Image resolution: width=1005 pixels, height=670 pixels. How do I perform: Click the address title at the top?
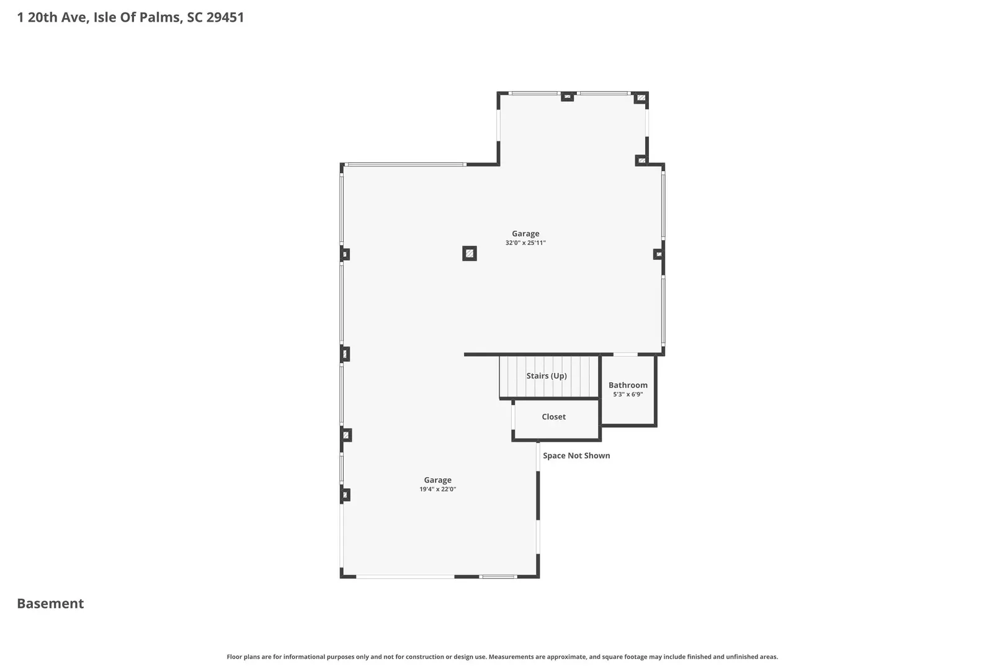pyautogui.click(x=130, y=17)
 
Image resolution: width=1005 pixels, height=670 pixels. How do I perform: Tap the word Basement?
pyautogui.click(x=50, y=604)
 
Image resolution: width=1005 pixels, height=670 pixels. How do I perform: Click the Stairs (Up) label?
pyautogui.click(x=547, y=376)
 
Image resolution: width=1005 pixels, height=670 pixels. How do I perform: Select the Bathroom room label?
pyautogui.click(x=628, y=385)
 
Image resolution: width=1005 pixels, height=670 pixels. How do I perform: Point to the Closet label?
pyautogui.click(x=553, y=417)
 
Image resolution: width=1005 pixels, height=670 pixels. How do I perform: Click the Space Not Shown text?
pyautogui.click(x=576, y=455)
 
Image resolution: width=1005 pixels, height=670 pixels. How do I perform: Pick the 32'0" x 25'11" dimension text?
pyautogui.click(x=525, y=243)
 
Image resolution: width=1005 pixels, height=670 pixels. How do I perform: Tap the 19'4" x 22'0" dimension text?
pyautogui.click(x=437, y=489)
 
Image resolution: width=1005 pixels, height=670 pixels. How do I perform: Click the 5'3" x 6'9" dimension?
pyautogui.click(x=628, y=395)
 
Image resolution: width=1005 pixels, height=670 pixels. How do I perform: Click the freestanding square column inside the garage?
pyautogui.click(x=469, y=254)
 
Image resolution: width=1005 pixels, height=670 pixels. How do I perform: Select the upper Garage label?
pyautogui.click(x=525, y=233)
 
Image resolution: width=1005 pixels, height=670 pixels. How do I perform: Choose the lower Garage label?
pyautogui.click(x=437, y=480)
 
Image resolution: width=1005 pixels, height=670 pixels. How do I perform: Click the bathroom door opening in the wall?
pyautogui.click(x=625, y=354)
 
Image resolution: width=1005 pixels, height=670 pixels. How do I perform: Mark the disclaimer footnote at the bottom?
pyautogui.click(x=502, y=656)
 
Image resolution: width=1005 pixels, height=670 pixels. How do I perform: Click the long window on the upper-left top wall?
pyautogui.click(x=406, y=164)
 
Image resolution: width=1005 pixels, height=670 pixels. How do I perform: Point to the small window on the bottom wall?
pyautogui.click(x=498, y=576)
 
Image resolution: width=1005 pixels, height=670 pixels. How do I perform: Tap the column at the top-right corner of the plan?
pyautogui.click(x=641, y=97)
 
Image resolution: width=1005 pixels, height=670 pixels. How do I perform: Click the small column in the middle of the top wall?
pyautogui.click(x=567, y=97)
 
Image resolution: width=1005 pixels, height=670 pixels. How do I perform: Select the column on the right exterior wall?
pyautogui.click(x=659, y=254)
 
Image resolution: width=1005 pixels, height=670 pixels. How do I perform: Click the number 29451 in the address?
pyautogui.click(x=225, y=17)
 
